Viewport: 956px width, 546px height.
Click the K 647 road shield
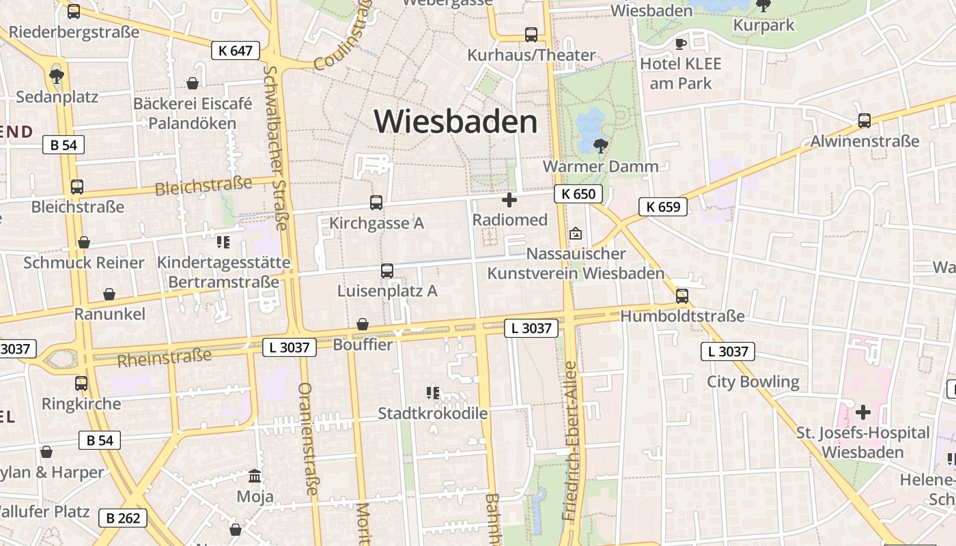tap(236, 51)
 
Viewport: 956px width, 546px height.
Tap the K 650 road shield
tap(578, 194)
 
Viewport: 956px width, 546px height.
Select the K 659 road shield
tap(663, 206)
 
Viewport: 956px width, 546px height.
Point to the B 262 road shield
tap(124, 518)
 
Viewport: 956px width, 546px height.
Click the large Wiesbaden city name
tap(455, 122)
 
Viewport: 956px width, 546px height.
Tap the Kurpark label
tap(763, 25)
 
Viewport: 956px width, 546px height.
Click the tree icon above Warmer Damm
tap(601, 145)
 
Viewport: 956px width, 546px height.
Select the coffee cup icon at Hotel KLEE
tap(680, 44)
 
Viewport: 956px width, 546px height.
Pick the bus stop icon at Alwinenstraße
tap(864, 121)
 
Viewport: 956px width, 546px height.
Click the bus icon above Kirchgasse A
tap(376, 203)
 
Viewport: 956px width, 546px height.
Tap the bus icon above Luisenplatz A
tap(387, 271)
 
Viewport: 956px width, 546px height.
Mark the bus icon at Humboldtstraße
tap(681, 296)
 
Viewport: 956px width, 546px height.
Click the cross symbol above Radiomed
tap(509, 200)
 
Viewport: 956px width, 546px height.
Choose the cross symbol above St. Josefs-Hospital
tap(863, 412)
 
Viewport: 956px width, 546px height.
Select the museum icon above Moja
tap(255, 476)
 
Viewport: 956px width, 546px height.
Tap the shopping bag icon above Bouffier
tap(363, 324)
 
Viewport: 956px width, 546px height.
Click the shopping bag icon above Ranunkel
tap(109, 294)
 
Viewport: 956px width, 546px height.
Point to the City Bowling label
tap(753, 382)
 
